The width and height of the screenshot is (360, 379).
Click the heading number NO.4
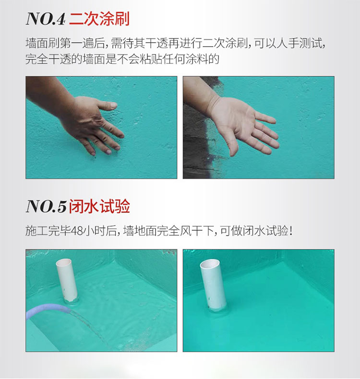tap(45, 19)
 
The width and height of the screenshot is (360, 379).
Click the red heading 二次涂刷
tap(99, 19)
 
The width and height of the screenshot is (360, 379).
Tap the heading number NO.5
tap(45, 207)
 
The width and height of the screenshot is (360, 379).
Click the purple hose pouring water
tap(46, 310)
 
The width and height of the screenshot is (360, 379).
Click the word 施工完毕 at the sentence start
tap(47, 231)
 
